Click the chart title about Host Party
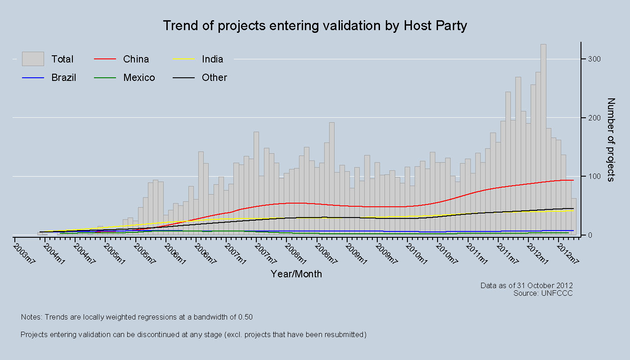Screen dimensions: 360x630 pyautogui.click(x=315, y=26)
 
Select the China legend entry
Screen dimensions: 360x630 pyautogui.click(x=136, y=59)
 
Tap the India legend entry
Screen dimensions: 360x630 pyautogui.click(x=212, y=59)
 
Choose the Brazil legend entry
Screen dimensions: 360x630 pyautogui.click(x=63, y=78)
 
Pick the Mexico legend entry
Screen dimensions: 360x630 pyautogui.click(x=139, y=78)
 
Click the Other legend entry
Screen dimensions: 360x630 pyautogui.click(x=214, y=78)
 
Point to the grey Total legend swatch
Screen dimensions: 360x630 pyautogui.click(x=33, y=59)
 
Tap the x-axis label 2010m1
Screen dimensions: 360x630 pyautogui.click(x=416, y=254)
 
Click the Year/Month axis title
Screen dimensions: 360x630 pyautogui.click(x=296, y=274)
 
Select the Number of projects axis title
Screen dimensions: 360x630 pyautogui.click(x=611, y=140)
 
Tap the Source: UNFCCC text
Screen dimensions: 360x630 pyautogui.click(x=543, y=293)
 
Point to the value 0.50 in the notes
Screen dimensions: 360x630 pyautogui.click(x=245, y=317)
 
